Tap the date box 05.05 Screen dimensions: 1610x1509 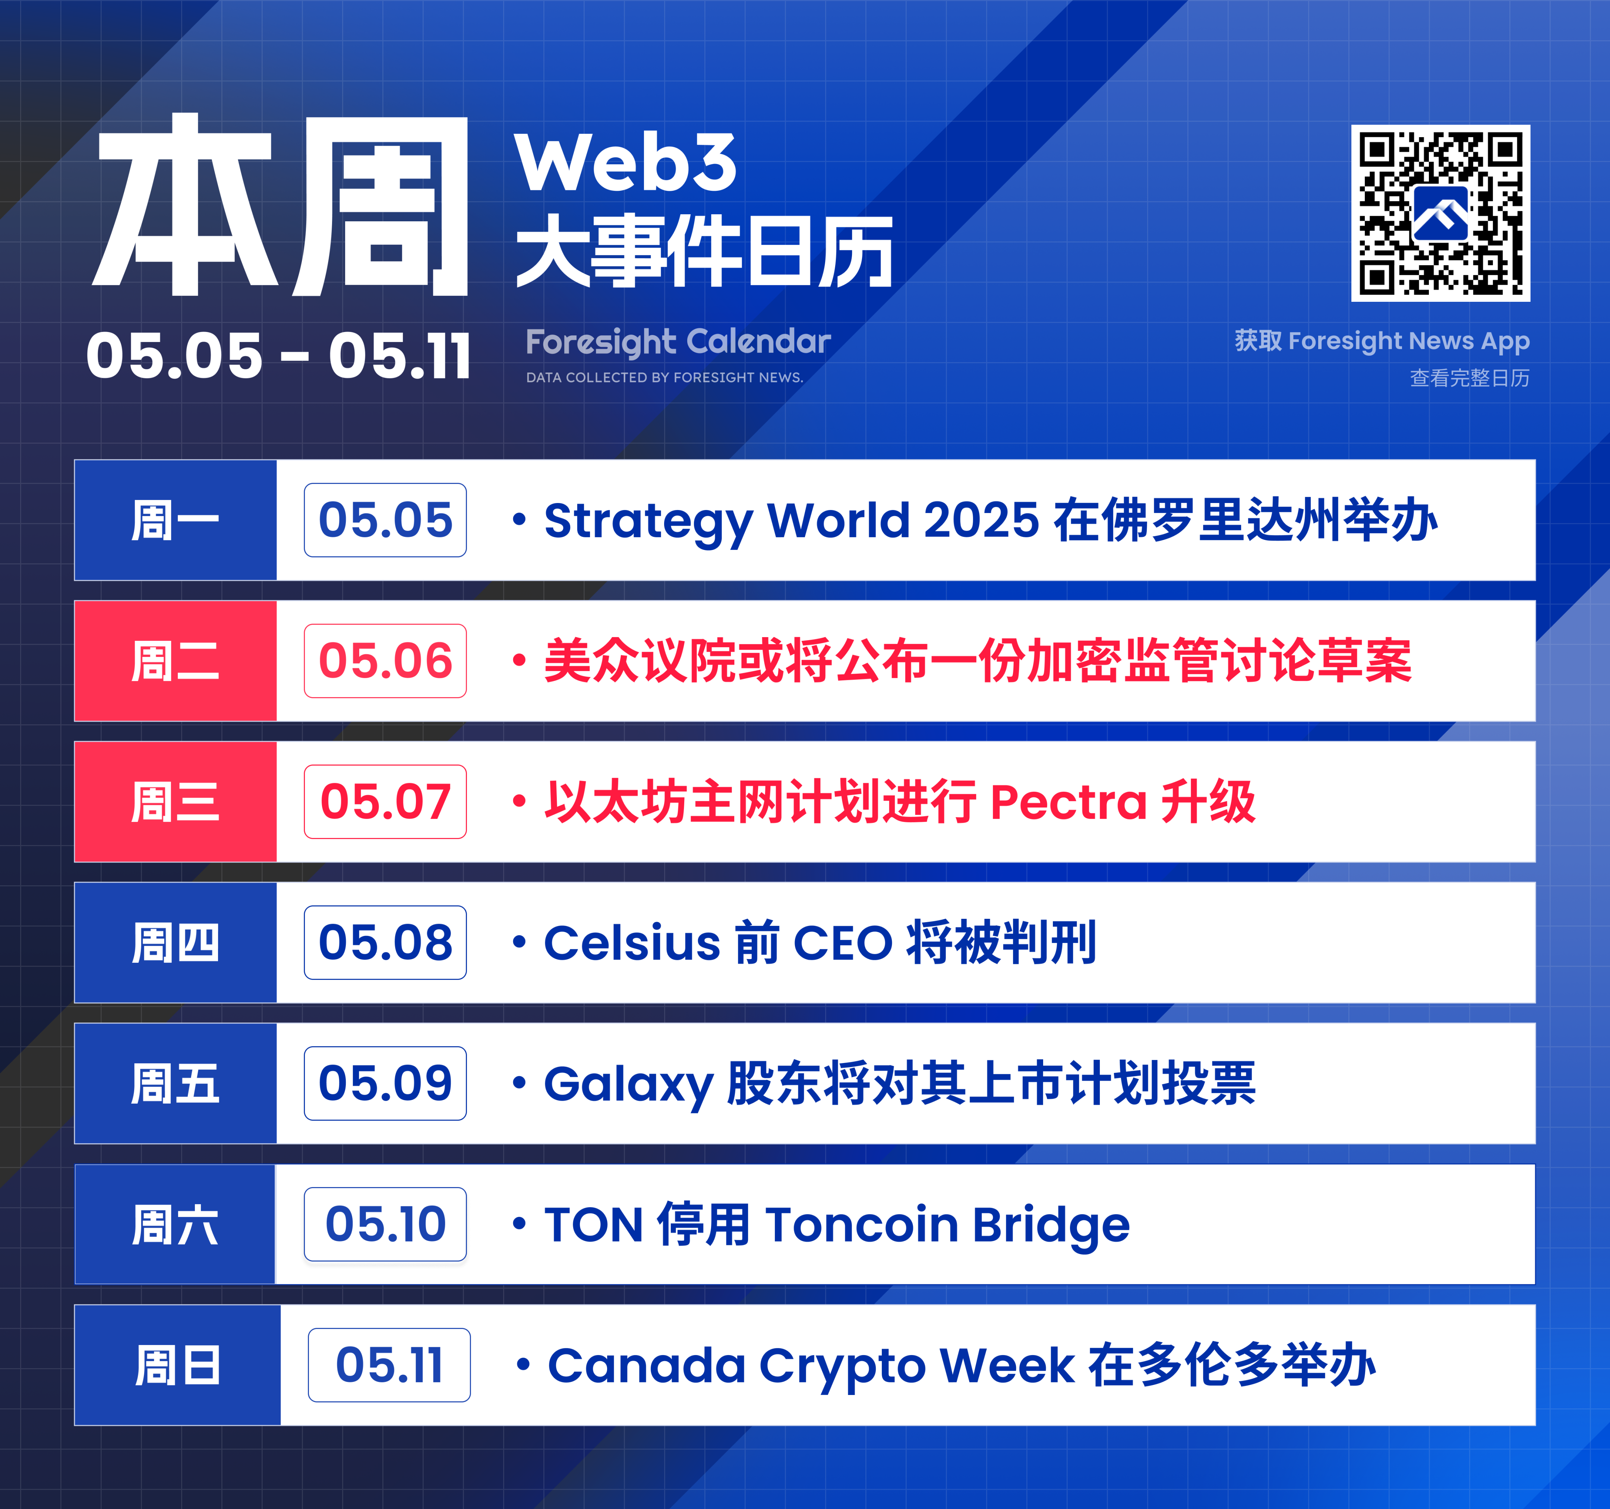385,520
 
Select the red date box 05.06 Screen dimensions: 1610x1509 385,661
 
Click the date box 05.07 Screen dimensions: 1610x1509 385,801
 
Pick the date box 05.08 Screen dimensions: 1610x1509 385,942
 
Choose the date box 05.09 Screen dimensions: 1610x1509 385,1083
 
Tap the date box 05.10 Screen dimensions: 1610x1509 385,1224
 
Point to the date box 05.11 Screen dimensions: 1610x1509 389,1365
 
